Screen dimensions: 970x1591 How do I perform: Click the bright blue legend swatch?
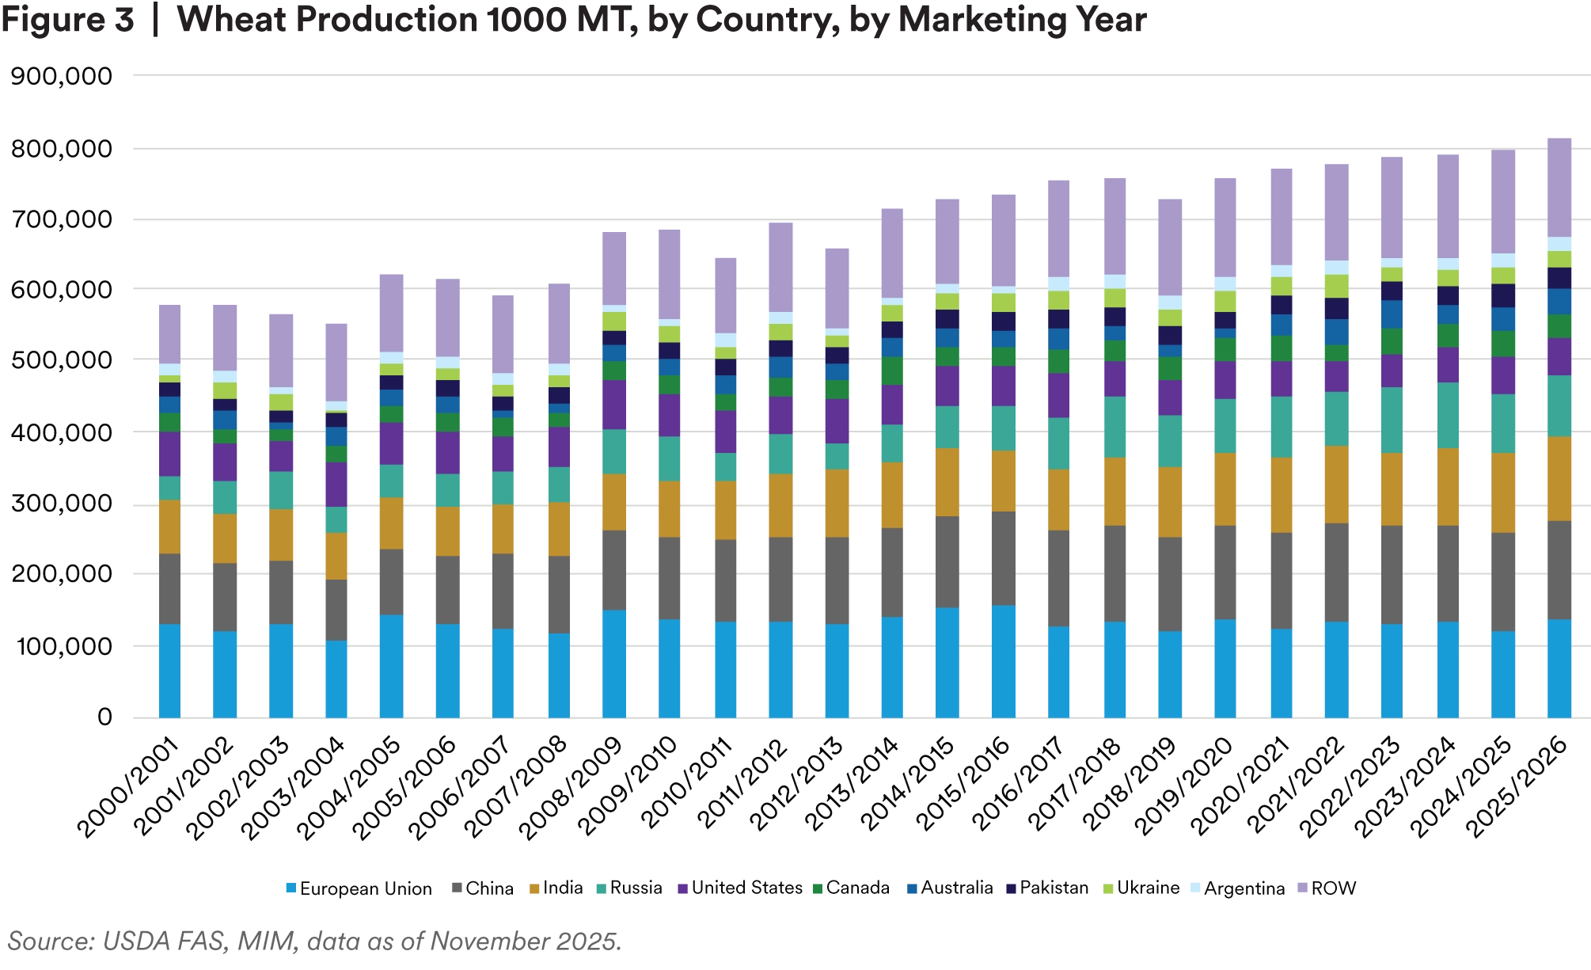(290, 888)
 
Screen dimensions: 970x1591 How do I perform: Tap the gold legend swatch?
(534, 888)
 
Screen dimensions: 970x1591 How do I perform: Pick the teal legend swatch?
(601, 888)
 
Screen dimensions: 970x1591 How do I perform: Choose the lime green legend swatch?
(1107, 888)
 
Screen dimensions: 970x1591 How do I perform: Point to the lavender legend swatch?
(1300, 888)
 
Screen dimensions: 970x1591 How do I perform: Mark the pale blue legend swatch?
(1196, 888)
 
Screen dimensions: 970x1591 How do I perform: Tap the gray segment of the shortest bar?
(335, 610)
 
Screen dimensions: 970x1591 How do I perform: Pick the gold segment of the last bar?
(1560, 478)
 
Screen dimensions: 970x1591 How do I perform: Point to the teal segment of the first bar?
(170, 488)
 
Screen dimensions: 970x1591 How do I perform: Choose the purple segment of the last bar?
(1560, 356)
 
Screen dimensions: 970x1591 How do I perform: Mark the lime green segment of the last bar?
(1560, 259)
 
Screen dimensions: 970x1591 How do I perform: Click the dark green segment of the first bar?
(170, 422)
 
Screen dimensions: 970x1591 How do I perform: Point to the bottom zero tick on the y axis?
(110, 717)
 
